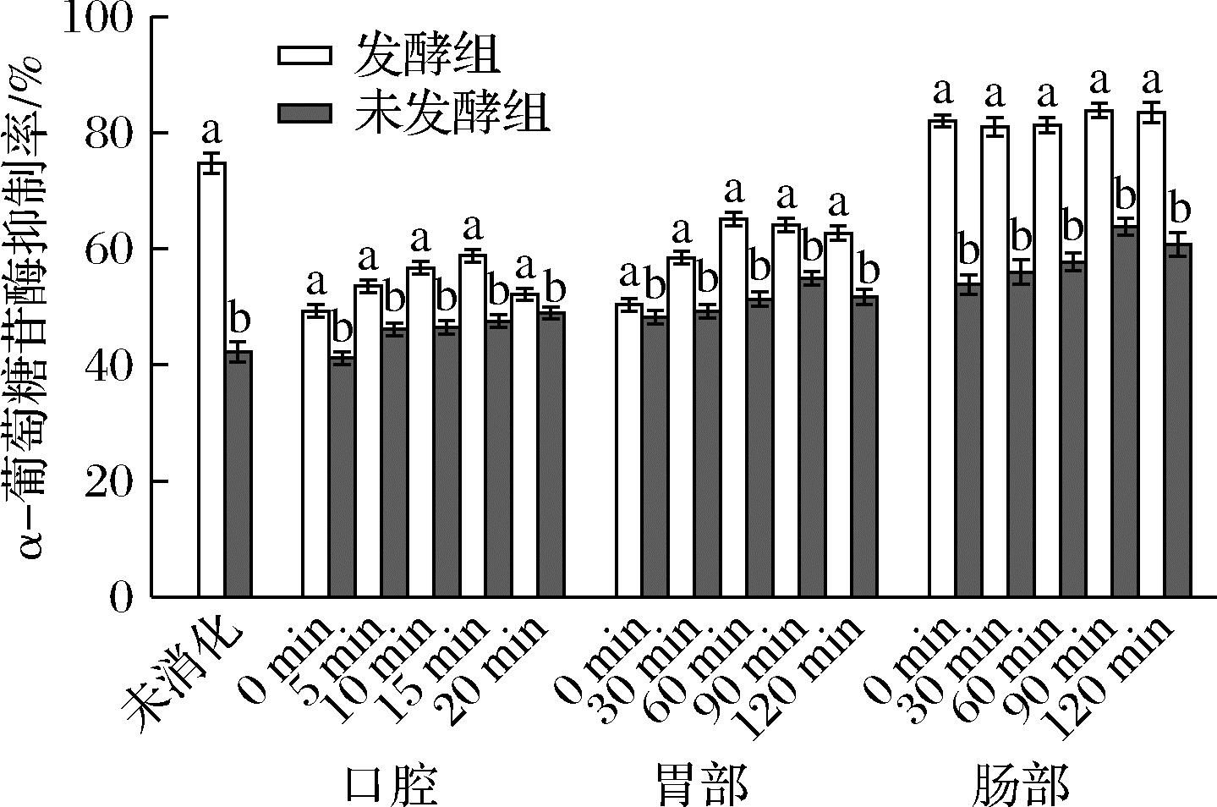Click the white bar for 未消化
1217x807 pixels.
(211, 381)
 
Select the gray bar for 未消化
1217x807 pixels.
(238, 474)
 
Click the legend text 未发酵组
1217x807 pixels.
(452, 113)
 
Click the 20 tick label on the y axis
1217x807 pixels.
(110, 482)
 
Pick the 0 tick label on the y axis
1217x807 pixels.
(122, 597)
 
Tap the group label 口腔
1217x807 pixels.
(392, 785)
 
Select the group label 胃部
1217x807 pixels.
(702, 785)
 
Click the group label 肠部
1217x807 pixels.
(1021, 785)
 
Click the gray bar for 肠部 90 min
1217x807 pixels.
(1125, 414)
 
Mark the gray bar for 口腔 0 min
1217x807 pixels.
(342, 478)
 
